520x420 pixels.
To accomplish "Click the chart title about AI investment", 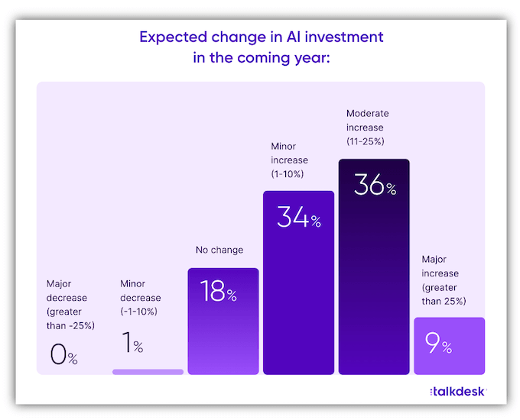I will coord(261,47).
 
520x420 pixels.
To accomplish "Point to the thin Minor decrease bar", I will coord(148,372).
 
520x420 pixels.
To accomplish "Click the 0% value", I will coord(62,354).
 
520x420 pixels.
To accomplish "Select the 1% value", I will coord(132,344).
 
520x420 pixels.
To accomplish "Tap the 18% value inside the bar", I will coord(217,292).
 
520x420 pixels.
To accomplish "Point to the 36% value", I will coord(374,186).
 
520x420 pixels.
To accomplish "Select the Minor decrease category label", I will coord(141,298).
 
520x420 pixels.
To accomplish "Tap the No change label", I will coord(219,250).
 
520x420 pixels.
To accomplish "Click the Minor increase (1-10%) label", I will coord(290,160).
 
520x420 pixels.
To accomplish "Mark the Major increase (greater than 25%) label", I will coord(439,280).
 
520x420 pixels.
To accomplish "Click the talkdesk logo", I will coord(457,391).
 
